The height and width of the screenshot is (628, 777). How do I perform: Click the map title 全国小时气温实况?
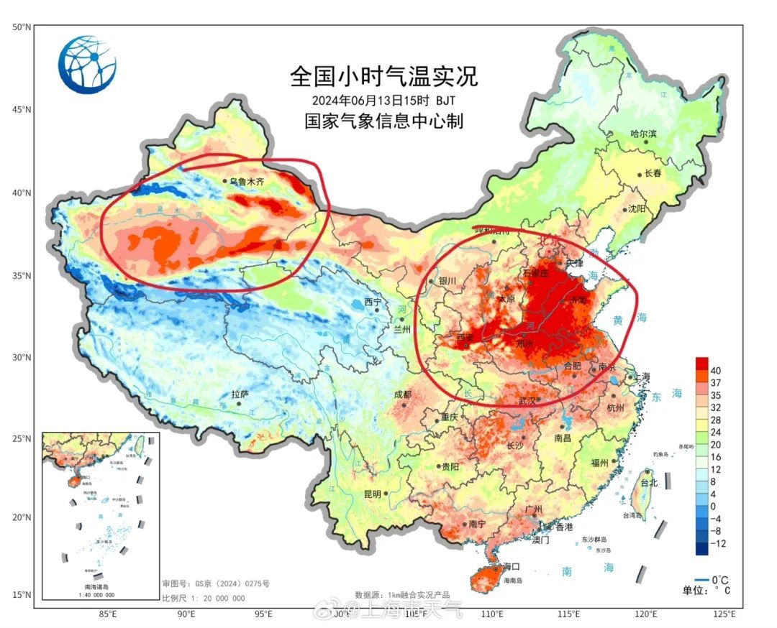click(x=383, y=75)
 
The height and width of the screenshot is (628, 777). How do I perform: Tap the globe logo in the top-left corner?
click(x=87, y=65)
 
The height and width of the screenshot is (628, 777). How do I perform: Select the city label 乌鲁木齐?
click(x=247, y=181)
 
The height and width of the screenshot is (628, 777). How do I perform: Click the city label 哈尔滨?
click(x=643, y=134)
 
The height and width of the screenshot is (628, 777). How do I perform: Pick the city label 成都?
click(x=402, y=394)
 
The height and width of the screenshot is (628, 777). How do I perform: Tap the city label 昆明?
click(x=372, y=494)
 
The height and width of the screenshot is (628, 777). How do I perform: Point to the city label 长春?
click(x=653, y=174)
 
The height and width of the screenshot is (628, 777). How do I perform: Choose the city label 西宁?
click(x=373, y=301)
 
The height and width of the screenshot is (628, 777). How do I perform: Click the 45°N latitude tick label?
click(x=22, y=109)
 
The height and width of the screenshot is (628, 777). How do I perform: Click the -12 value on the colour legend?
click(x=717, y=544)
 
